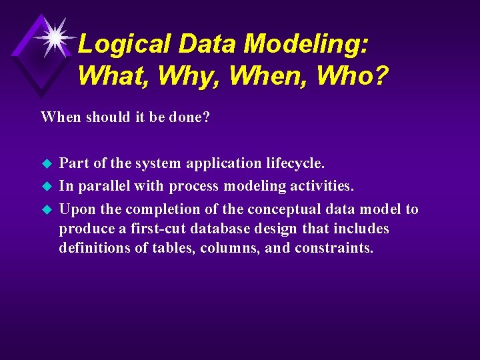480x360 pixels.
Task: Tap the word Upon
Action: click(77, 209)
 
